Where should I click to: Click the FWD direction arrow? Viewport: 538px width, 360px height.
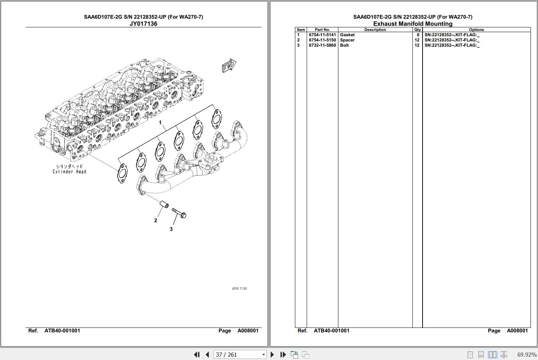[229, 65]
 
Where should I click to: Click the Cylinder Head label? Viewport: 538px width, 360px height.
[69, 172]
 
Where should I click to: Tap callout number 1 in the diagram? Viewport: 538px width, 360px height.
[160, 122]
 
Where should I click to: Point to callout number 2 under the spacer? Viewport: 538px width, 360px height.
[156, 220]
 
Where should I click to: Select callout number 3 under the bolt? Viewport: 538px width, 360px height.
[171, 229]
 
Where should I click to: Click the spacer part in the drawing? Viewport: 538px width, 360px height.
[164, 204]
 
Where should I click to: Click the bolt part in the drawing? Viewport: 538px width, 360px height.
[179, 213]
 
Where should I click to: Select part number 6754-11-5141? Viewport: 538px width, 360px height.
[322, 35]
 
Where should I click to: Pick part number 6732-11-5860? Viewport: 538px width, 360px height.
[322, 45]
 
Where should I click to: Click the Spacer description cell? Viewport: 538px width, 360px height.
[347, 40]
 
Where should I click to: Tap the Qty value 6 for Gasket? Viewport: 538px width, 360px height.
[418, 35]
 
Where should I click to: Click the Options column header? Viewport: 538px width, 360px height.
[476, 30]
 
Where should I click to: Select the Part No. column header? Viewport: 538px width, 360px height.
[322, 30]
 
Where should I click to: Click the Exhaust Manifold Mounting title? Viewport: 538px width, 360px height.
[412, 24]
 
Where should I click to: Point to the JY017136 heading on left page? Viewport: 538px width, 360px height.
[143, 24]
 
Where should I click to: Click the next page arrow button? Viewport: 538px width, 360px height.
[272, 354]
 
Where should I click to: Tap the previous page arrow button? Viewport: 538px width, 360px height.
[207, 354]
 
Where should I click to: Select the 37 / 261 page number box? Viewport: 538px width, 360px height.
[240, 354]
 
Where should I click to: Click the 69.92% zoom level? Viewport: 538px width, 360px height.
[527, 354]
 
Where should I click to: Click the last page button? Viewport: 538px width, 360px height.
[283, 354]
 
